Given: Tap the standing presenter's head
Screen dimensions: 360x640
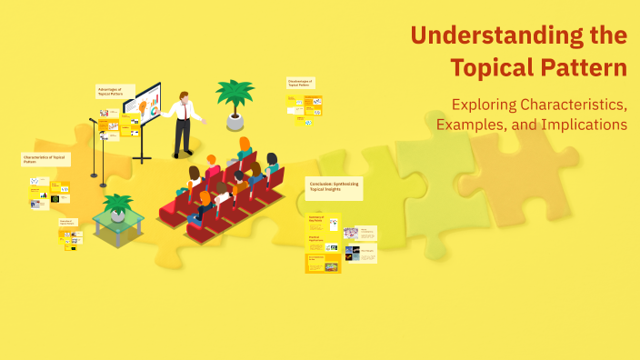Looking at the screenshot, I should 185,95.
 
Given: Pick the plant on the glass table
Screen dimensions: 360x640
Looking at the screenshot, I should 117,205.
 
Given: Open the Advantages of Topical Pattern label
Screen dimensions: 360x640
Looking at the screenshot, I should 115,91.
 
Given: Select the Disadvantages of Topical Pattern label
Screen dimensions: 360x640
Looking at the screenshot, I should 300,82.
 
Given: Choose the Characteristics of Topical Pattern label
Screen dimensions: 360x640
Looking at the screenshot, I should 45,158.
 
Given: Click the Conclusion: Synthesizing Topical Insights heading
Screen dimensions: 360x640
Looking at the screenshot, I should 334,187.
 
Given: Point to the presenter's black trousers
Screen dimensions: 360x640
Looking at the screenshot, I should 183,137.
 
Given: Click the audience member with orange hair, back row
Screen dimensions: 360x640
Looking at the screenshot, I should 244,145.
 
